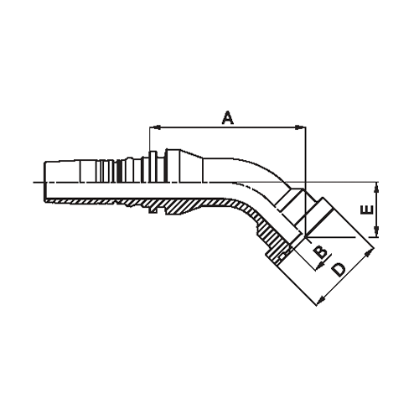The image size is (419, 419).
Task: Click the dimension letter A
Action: (x=226, y=117)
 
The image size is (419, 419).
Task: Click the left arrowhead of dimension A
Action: (x=152, y=128)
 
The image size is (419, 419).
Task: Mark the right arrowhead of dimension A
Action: (x=302, y=128)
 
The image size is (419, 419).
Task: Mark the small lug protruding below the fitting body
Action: (x=156, y=215)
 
